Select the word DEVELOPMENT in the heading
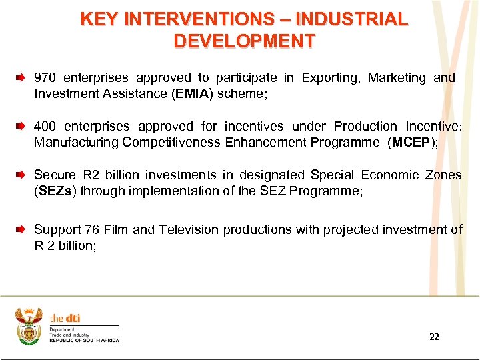244,41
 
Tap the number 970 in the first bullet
45,78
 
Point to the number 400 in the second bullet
45,127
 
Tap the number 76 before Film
92,230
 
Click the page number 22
434,337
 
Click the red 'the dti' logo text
65,318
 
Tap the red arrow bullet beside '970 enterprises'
21,79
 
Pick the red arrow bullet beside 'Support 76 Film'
21,230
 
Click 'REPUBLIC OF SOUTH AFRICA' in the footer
85,341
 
